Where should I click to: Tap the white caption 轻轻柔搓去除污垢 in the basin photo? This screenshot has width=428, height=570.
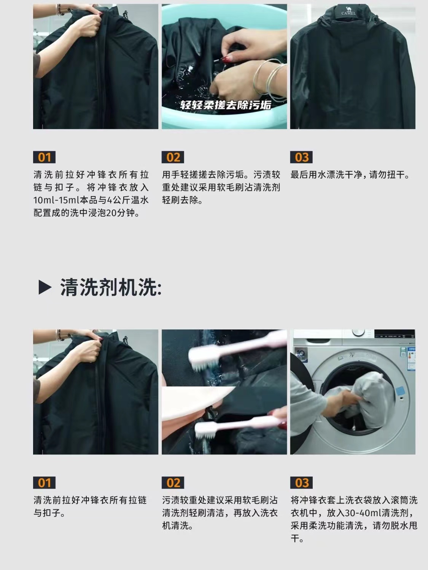click(226, 105)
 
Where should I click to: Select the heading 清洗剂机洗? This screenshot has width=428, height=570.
click(111, 287)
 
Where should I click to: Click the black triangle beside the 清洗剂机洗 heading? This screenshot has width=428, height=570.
click(45, 287)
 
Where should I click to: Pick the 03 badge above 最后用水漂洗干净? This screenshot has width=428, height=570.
click(301, 157)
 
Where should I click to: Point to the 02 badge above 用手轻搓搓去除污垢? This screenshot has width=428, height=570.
click(173, 157)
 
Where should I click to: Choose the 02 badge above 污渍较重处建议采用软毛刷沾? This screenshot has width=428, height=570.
click(173, 483)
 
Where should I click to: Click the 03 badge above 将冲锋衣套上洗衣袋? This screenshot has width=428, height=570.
click(301, 483)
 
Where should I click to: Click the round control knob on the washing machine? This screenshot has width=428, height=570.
click(358, 332)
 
